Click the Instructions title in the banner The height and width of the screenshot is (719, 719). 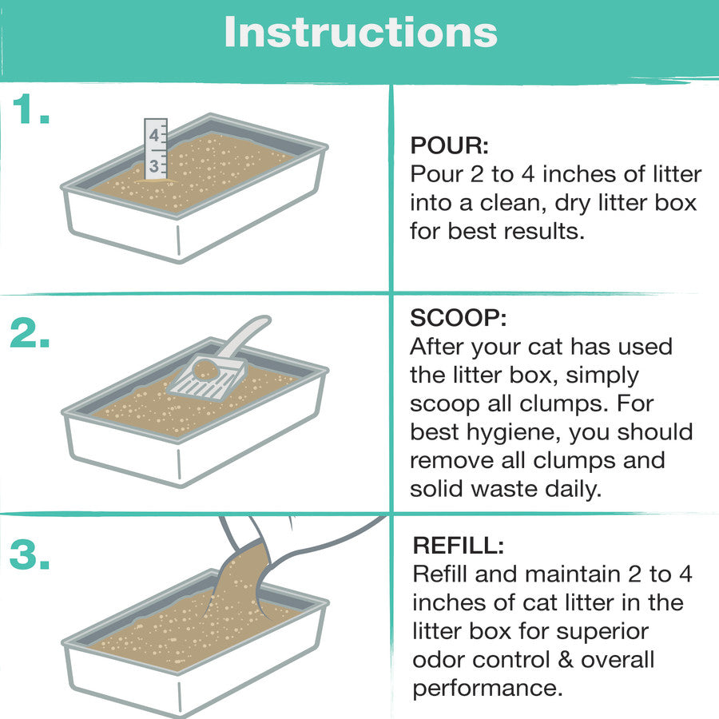click(360, 32)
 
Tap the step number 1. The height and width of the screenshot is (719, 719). click(31, 109)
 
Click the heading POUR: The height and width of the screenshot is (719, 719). click(449, 145)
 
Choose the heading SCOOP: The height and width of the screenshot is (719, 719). click(458, 317)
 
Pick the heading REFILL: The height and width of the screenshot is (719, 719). click(458, 545)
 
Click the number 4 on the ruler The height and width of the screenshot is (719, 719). click(153, 135)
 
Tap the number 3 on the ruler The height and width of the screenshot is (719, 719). click(153, 166)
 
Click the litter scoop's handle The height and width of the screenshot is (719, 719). click(243, 336)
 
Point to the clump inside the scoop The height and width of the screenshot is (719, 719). click(205, 370)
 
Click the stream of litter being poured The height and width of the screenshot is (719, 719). click(238, 578)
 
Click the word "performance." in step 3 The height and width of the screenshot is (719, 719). click(487, 689)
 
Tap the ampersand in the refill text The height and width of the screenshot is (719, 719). click(566, 660)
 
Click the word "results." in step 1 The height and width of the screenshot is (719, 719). click(544, 232)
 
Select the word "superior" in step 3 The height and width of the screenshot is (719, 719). click(603, 632)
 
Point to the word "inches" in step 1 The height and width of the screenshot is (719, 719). click(578, 174)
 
